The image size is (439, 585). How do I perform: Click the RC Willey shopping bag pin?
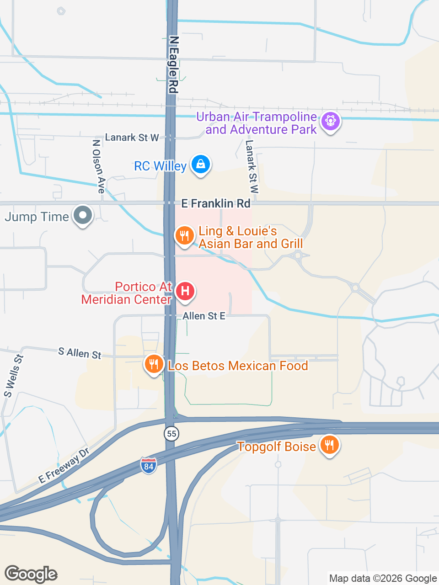click(x=200, y=164)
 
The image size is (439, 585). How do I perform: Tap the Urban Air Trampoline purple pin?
click(x=330, y=122)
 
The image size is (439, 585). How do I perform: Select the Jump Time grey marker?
click(x=83, y=215)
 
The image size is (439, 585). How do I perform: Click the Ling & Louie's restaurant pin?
click(x=184, y=236)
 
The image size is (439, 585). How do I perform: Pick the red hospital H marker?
click(x=185, y=291)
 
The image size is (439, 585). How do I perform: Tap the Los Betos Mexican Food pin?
click(x=154, y=364)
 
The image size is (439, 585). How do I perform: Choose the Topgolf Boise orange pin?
click(x=329, y=444)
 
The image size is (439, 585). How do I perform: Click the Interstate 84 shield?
click(x=148, y=466)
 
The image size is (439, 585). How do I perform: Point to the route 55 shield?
click(x=171, y=433)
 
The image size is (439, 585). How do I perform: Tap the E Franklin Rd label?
click(x=216, y=203)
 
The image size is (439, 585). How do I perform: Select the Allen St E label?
click(x=204, y=316)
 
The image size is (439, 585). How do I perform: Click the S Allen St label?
click(x=80, y=353)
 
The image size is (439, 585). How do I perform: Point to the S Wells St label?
click(x=13, y=376)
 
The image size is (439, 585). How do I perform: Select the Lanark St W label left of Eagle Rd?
click(x=132, y=138)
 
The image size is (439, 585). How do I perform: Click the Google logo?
click(x=31, y=574)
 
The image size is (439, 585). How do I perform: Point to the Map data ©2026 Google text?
click(x=383, y=578)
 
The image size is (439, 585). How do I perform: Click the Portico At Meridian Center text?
click(x=126, y=293)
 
